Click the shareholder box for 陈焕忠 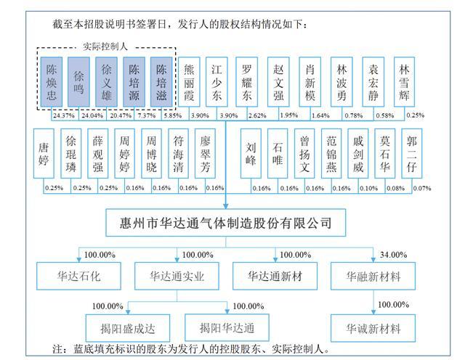(x=52, y=82)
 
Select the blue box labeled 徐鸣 (x=78, y=82)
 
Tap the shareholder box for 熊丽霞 (x=189, y=82)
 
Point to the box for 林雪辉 (x=404, y=82)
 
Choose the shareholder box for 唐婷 (x=44, y=153)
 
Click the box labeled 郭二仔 (x=412, y=153)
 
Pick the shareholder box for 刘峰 (x=251, y=153)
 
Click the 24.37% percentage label (x=64, y=115)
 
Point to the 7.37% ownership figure (x=147, y=115)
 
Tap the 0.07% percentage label (x=422, y=188)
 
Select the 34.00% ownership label (x=394, y=255)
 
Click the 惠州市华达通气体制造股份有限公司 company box (x=226, y=223)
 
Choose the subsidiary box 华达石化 (x=79, y=276)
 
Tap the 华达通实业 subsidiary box (x=177, y=276)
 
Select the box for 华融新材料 (x=373, y=276)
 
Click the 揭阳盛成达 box (x=128, y=328)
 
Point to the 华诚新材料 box (x=373, y=328)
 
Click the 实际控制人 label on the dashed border (x=105, y=46)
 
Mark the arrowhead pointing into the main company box (x=226, y=206)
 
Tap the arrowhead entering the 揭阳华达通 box (x=227, y=311)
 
